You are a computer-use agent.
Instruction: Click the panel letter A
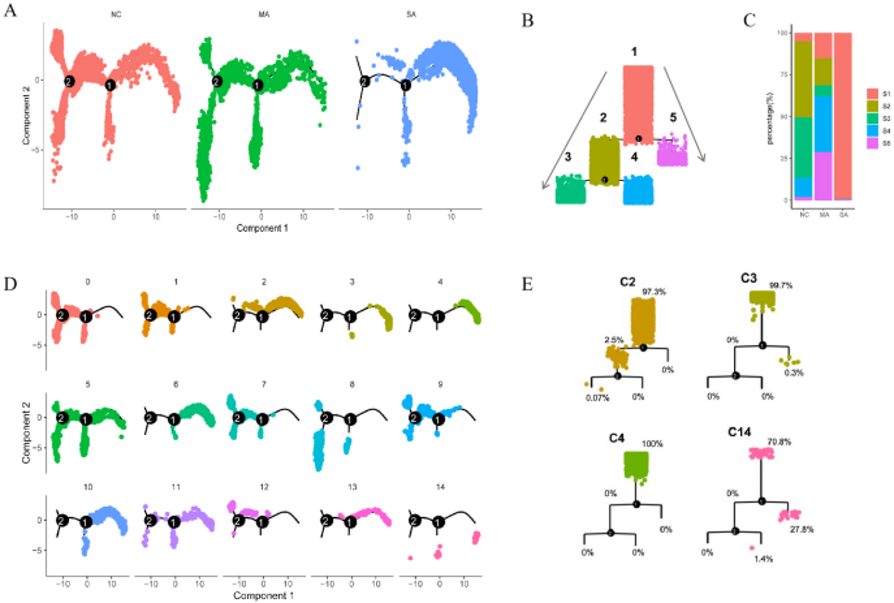click(x=10, y=10)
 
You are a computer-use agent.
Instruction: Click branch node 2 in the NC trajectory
click(x=70, y=81)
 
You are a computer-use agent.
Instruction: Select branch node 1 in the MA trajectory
click(x=258, y=85)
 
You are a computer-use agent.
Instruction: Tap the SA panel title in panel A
click(x=411, y=15)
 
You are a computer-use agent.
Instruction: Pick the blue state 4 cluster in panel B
click(x=638, y=191)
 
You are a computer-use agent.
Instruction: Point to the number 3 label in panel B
click(x=568, y=157)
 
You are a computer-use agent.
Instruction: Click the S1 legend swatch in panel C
click(x=872, y=94)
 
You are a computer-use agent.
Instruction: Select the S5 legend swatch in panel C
click(x=872, y=143)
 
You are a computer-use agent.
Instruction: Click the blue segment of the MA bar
click(x=824, y=124)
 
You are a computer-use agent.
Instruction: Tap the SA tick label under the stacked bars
click(x=844, y=215)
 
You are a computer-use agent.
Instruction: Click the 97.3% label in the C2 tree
click(x=654, y=292)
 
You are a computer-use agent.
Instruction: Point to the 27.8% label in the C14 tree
click(x=801, y=530)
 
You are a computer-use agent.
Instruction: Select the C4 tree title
click(x=617, y=438)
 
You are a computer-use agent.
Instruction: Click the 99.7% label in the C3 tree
click(x=781, y=285)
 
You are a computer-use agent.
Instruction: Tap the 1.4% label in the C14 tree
click(x=763, y=559)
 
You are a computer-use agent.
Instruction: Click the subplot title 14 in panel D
click(x=440, y=487)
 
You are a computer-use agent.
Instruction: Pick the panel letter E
click(x=527, y=284)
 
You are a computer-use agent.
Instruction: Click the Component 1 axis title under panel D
click(x=263, y=595)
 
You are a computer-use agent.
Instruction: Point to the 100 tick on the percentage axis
click(x=782, y=33)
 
